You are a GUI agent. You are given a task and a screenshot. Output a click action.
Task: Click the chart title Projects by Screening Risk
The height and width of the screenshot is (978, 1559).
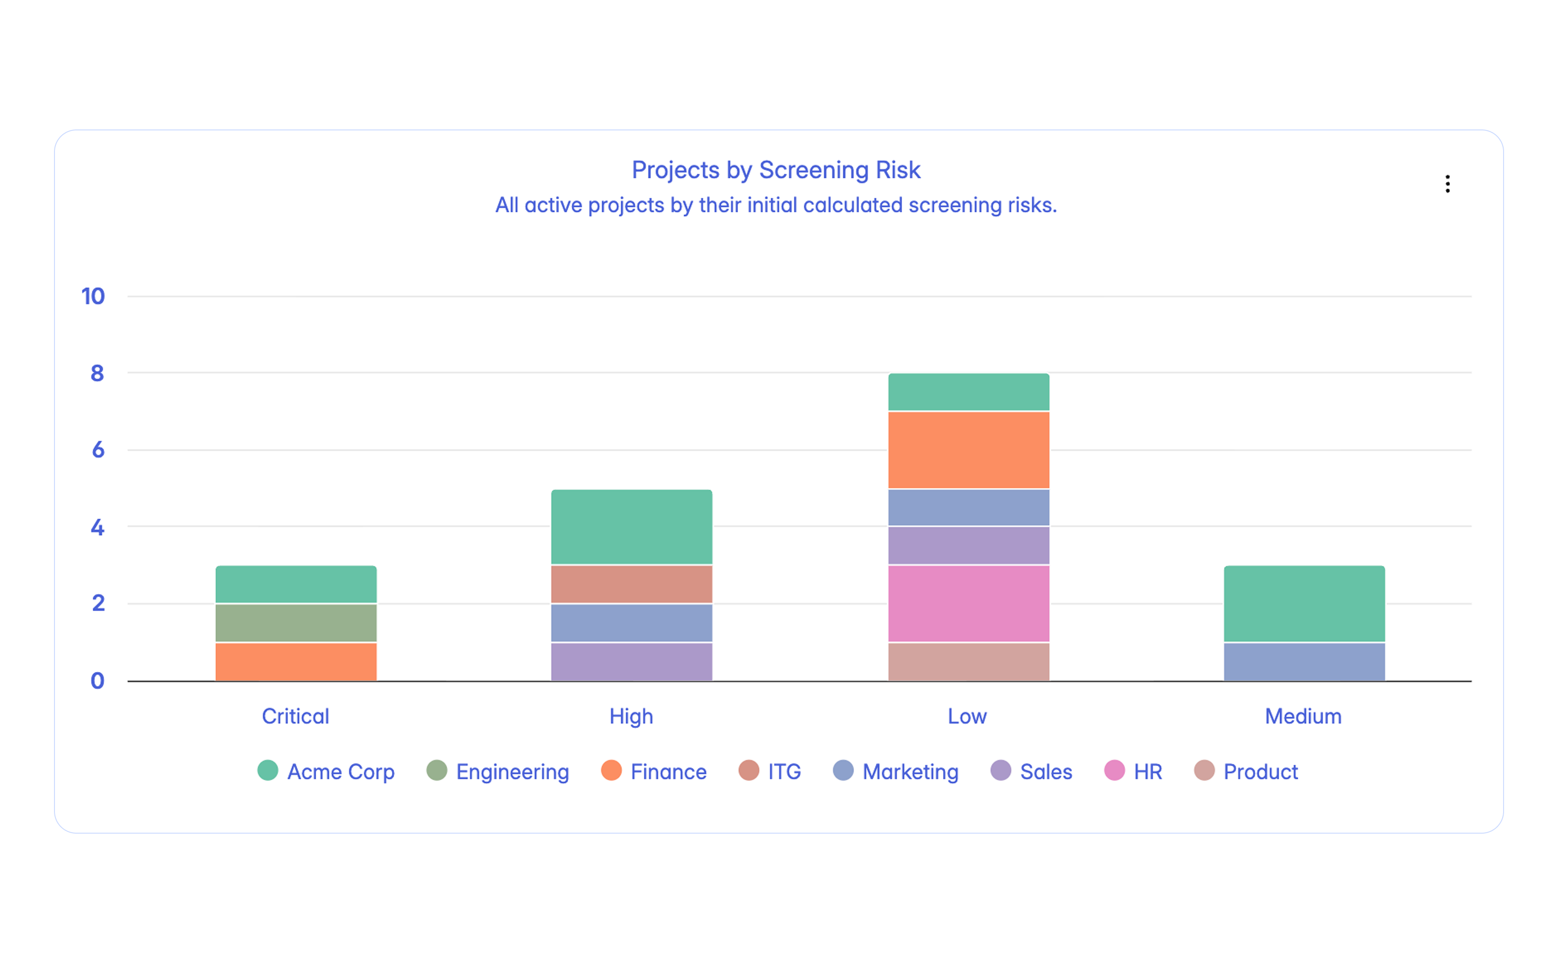click(x=775, y=170)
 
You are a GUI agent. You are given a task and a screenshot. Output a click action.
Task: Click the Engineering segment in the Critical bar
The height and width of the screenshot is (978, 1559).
click(x=296, y=623)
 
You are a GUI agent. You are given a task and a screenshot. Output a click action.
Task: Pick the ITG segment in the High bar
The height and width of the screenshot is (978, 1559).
click(x=631, y=584)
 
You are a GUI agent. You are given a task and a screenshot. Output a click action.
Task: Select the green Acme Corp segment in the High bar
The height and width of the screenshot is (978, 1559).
click(x=631, y=527)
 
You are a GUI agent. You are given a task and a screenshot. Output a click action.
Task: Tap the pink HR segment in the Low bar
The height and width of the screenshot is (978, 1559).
click(x=968, y=604)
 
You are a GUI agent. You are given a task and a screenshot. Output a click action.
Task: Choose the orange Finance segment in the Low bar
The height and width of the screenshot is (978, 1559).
click(x=968, y=449)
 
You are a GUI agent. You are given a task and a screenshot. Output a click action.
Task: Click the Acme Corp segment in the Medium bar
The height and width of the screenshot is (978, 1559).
click(x=1303, y=604)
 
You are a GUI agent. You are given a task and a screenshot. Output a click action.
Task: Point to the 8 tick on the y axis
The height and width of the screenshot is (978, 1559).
click(x=97, y=373)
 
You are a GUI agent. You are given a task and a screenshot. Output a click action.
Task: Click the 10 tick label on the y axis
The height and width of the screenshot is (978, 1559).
click(x=93, y=296)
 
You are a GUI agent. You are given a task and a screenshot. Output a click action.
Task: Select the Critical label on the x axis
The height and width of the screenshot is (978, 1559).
click(x=296, y=716)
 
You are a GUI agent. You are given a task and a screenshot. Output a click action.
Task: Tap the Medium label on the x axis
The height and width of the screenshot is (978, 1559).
click(x=1303, y=716)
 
